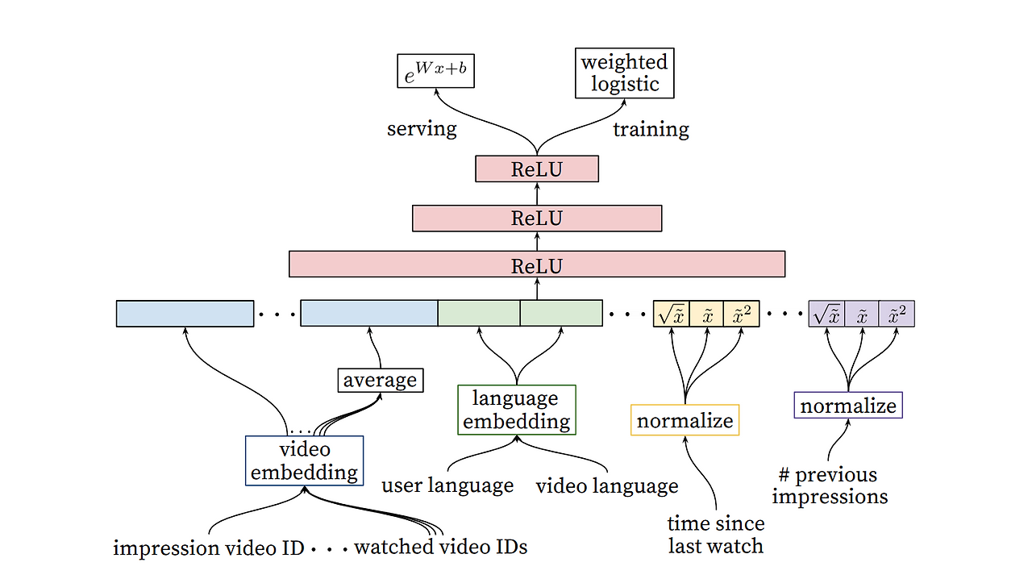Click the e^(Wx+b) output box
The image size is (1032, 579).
(x=435, y=70)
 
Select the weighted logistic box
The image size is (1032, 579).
(x=624, y=73)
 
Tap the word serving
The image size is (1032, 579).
(x=422, y=129)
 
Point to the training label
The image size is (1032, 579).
(x=651, y=129)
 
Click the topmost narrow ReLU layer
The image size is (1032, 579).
(x=536, y=169)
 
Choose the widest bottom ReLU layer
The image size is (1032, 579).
(x=536, y=265)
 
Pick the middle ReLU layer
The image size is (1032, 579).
(x=536, y=218)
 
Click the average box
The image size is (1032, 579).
(x=380, y=380)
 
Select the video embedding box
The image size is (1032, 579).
(x=304, y=460)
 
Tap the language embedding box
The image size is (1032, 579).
(x=516, y=410)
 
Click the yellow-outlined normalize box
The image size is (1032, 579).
(x=685, y=420)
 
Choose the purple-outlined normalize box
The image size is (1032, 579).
(x=847, y=405)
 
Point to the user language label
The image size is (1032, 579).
(x=447, y=485)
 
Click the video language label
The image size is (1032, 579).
(x=606, y=485)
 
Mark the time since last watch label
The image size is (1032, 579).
(x=716, y=535)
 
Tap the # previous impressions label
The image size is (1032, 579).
(x=830, y=485)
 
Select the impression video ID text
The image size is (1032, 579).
(x=209, y=548)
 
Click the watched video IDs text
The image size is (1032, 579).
(x=440, y=548)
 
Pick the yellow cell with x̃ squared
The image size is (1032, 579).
(x=742, y=314)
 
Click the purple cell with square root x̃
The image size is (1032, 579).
(x=826, y=314)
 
